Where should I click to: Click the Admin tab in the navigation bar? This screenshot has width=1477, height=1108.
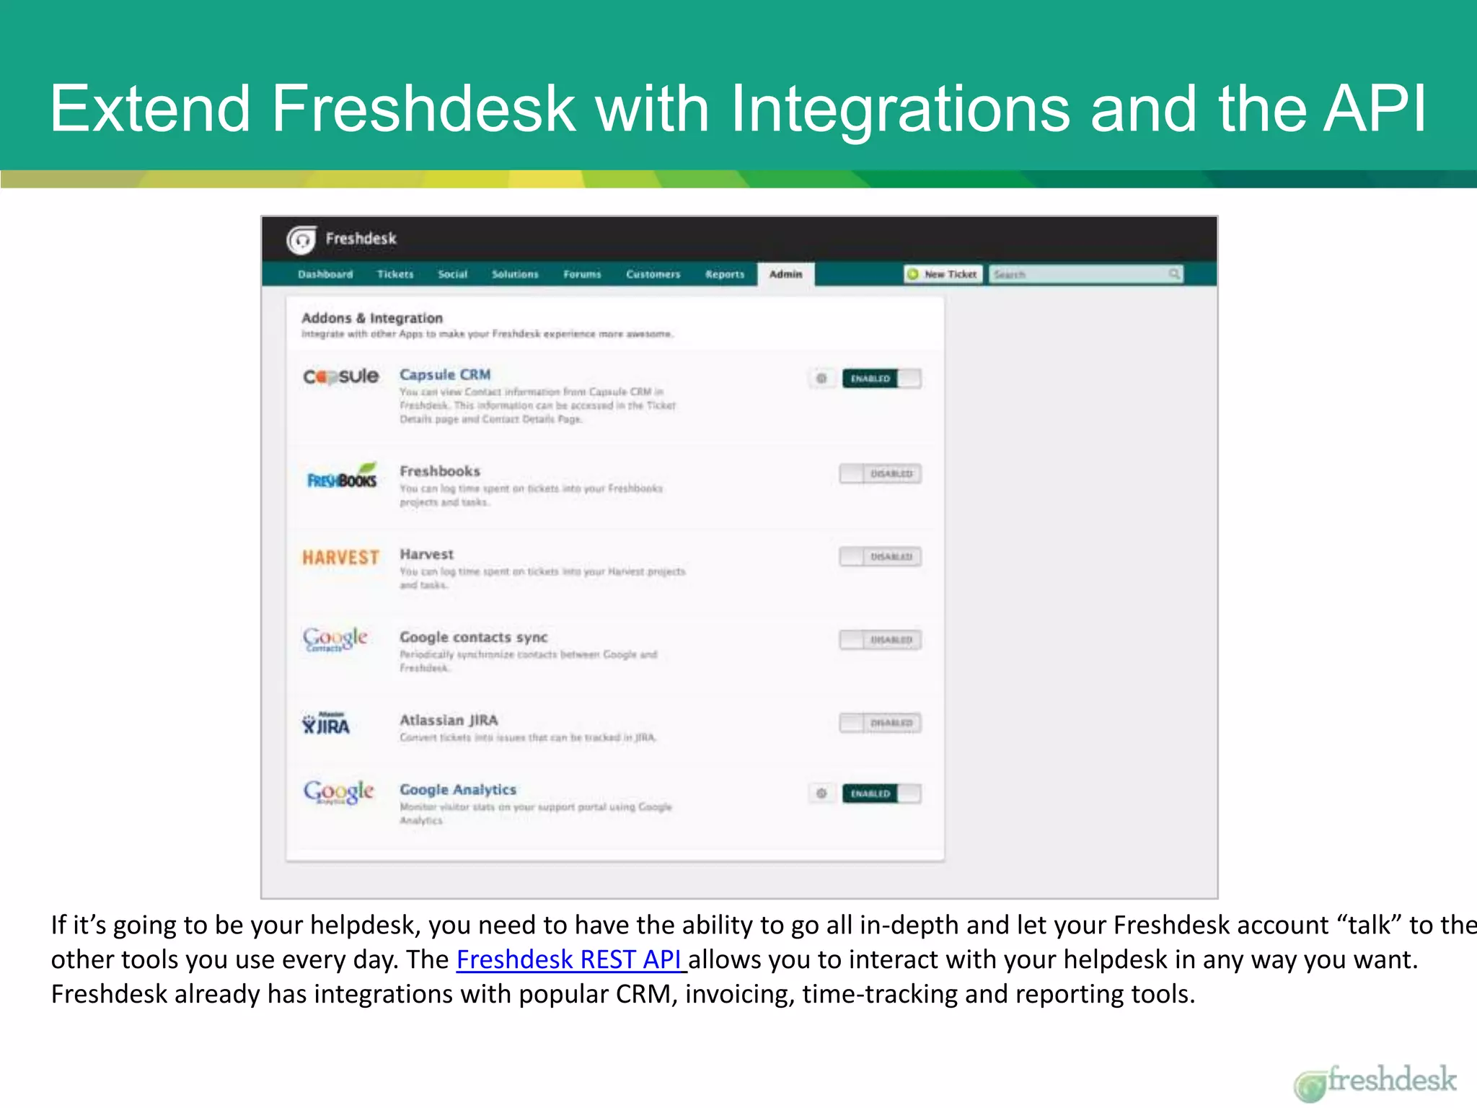coord(785,274)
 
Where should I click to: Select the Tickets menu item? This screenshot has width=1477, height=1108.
coord(395,274)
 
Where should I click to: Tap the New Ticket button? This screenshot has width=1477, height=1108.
coord(943,274)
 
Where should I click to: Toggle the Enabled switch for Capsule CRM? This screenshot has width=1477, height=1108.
coord(881,379)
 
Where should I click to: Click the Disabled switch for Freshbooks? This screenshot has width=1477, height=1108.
coord(880,474)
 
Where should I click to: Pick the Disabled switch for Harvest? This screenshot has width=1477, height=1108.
coord(880,557)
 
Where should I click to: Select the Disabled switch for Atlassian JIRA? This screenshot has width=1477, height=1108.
coord(880,723)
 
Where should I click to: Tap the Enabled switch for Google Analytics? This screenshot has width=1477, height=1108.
coord(881,793)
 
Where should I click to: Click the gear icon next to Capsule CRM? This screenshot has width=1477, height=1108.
coord(821,379)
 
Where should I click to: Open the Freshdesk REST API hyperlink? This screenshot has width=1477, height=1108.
coord(570,959)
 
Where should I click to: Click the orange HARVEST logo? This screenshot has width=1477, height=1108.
coord(340,558)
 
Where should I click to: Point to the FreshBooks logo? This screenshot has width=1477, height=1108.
coord(342,476)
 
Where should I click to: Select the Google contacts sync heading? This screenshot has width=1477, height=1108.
coord(474,638)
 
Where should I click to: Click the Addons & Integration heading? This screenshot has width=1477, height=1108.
coord(372,318)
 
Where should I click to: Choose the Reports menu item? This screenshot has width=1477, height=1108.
coord(725,274)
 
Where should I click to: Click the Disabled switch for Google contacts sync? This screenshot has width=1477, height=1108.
coord(880,640)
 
